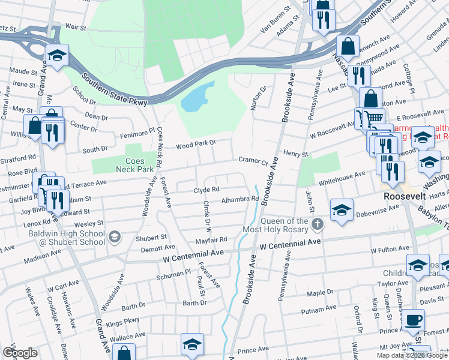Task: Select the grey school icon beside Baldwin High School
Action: click(113, 238)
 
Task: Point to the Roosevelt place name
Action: click(405, 196)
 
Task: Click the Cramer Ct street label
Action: click(252, 161)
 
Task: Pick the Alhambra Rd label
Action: click(240, 199)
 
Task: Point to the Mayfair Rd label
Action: click(214, 239)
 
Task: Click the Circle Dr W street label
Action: click(208, 217)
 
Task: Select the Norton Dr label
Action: click(262, 96)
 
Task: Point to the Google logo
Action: click(20, 353)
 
